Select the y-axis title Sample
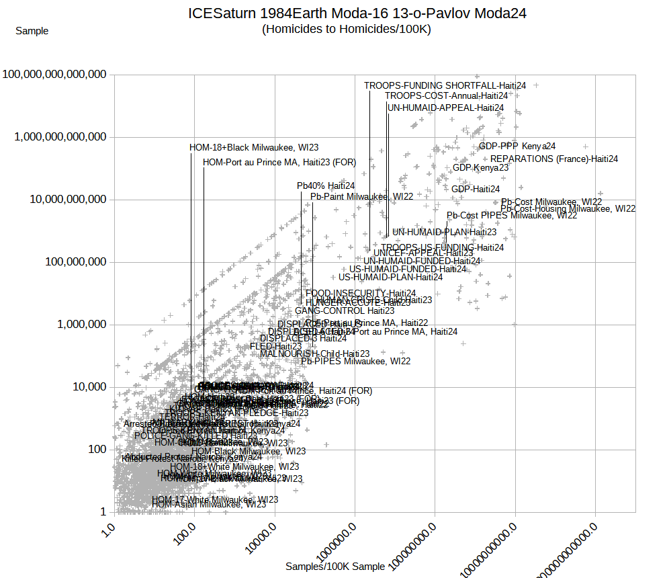[32, 30]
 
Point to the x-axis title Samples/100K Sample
[335, 567]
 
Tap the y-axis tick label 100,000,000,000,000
[55, 74]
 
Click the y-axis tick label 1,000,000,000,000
[60, 136]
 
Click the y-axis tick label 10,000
[83, 386]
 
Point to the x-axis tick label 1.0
[106, 537]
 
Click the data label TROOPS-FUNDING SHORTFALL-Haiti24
[445, 85]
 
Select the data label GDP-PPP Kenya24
[517, 146]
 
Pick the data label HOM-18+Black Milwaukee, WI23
[254, 147]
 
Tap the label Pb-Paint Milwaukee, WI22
[362, 196]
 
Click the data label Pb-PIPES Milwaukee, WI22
[355, 361]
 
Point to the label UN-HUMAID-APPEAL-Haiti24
[445, 108]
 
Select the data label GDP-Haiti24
[476, 189]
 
